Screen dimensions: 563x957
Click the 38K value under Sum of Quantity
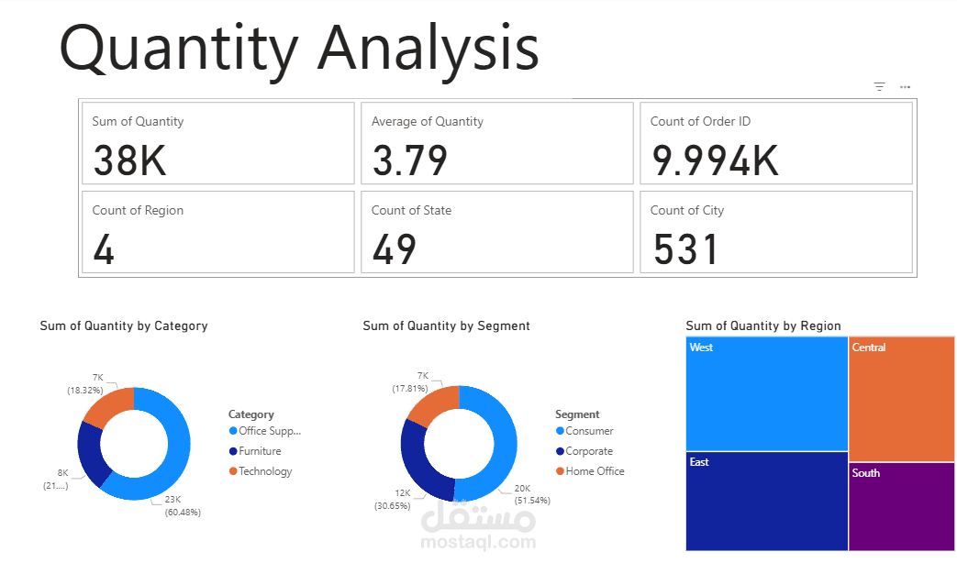129,160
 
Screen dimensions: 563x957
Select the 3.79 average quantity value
410,160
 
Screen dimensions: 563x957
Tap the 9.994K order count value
715,160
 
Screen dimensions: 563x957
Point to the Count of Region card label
138,210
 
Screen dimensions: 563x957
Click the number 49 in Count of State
395,249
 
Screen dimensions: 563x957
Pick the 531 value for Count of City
686,249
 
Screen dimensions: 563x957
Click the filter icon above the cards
879,87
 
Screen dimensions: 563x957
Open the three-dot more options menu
905,87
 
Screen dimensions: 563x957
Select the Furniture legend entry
260,451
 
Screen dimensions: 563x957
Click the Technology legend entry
265,471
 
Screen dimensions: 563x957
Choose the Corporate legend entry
589,451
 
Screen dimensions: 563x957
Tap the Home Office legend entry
595,471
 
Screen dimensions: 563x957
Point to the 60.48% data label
182,512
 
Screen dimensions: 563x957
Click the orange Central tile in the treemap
902,399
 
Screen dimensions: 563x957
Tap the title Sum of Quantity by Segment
446,326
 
